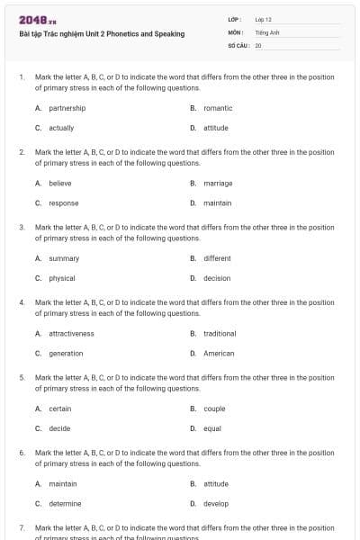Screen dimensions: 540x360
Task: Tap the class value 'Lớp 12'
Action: click(263, 19)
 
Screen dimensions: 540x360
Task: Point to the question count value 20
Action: click(258, 44)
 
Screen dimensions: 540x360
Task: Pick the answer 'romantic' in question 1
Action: click(218, 108)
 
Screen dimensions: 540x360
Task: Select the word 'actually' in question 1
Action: click(61, 128)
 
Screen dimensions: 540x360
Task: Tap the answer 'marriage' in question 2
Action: click(218, 183)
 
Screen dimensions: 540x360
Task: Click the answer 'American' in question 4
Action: click(219, 354)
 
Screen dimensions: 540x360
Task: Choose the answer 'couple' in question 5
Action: click(214, 409)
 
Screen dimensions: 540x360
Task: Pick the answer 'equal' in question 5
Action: click(212, 428)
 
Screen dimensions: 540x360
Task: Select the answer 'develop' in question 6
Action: click(216, 503)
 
